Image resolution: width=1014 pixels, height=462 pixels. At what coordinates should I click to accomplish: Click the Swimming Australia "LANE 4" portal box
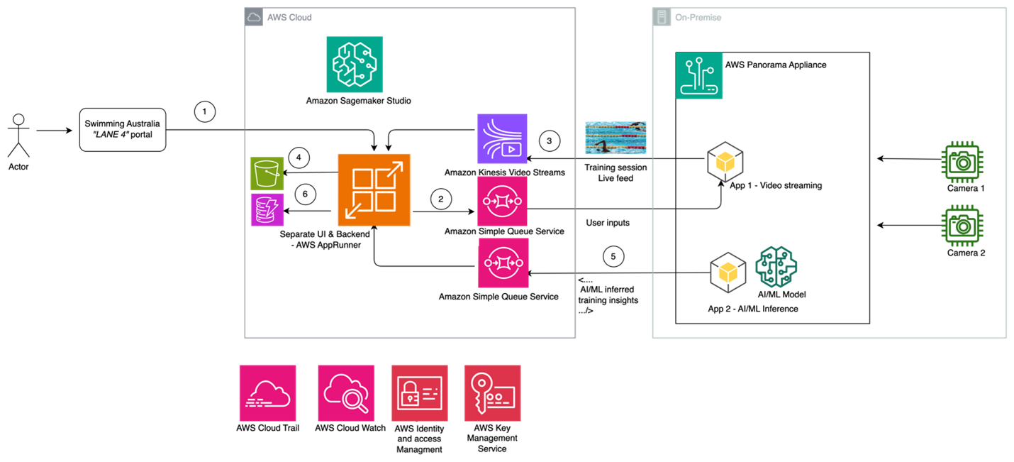pyautogui.click(x=123, y=129)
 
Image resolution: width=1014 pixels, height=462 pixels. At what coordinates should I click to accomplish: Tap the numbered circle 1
pyautogui.click(x=205, y=111)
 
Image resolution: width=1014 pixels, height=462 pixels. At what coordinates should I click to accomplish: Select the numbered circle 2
pyautogui.click(x=440, y=199)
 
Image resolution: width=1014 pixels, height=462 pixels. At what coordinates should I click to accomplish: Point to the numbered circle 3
pyautogui.click(x=549, y=141)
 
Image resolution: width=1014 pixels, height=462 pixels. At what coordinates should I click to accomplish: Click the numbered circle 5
pyautogui.click(x=613, y=256)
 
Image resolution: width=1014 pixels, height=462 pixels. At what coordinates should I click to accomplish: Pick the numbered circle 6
pyautogui.click(x=305, y=194)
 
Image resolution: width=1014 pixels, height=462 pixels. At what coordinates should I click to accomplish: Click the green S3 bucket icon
pyautogui.click(x=267, y=173)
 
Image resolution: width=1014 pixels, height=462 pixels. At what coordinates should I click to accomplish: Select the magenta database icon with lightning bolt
pyautogui.click(x=267, y=210)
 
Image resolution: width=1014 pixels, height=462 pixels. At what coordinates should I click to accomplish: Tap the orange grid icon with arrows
pyautogui.click(x=374, y=190)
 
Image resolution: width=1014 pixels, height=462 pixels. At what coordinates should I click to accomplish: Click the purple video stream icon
pyautogui.click(x=503, y=138)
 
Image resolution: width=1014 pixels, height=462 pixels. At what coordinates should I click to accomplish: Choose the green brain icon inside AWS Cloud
pyautogui.click(x=355, y=64)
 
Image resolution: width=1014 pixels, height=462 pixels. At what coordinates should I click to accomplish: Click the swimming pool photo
pyautogui.click(x=615, y=138)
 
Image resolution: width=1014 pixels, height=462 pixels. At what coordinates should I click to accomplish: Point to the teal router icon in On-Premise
pyautogui.click(x=699, y=75)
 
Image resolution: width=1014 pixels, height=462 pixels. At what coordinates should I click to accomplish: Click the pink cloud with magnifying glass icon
pyautogui.click(x=345, y=393)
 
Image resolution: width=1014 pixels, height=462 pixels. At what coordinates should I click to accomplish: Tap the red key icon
pyautogui.click(x=492, y=393)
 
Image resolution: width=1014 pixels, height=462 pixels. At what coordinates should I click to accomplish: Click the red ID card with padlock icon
pyautogui.click(x=419, y=393)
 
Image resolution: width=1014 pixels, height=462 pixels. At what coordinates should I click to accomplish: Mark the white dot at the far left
pyautogui.click(x=18, y=119)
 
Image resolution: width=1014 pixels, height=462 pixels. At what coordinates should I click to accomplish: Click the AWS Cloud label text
pyautogui.click(x=289, y=17)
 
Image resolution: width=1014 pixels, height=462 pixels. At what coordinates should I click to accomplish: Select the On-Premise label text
pyautogui.click(x=698, y=17)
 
